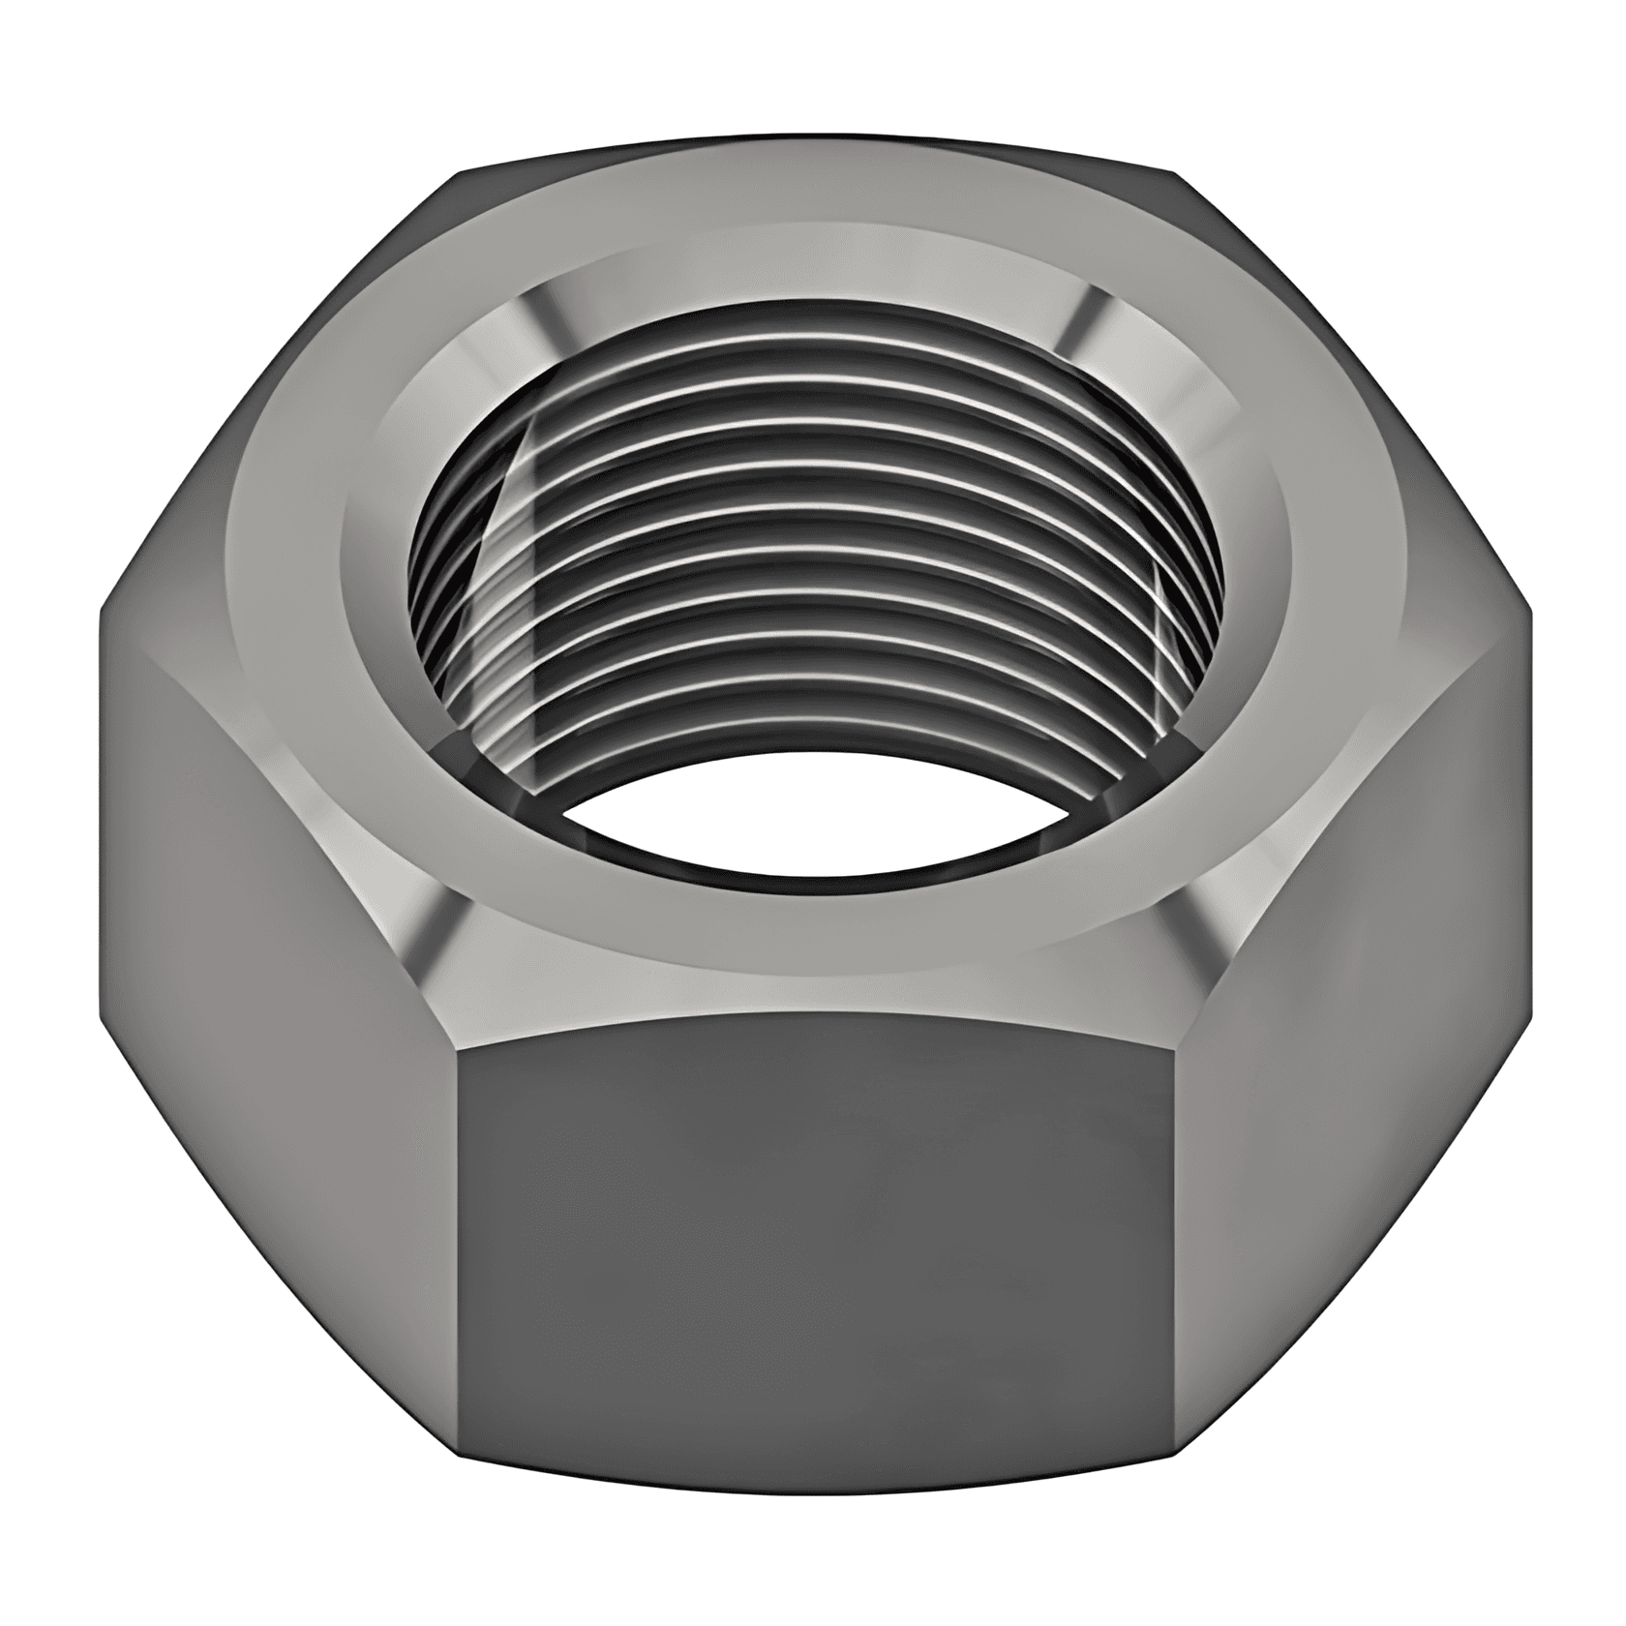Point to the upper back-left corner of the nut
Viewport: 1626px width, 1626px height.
click(x=460, y=174)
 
